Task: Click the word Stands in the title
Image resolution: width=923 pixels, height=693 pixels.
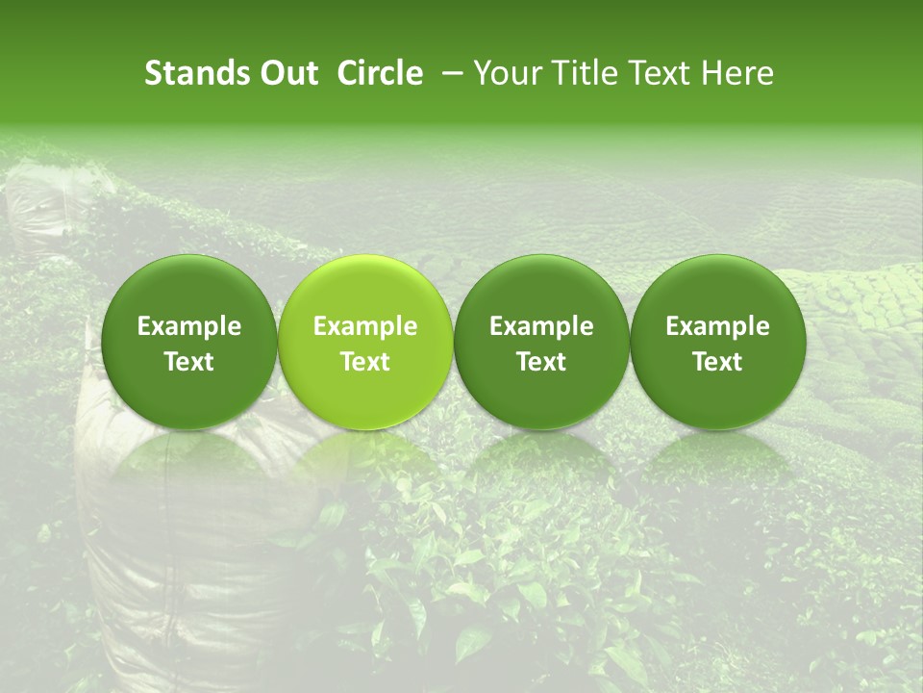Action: [196, 73]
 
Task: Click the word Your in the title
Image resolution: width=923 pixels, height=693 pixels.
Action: [509, 73]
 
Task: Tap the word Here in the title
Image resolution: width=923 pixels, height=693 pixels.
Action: [738, 73]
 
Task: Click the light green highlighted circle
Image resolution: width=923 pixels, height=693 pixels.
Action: [365, 289]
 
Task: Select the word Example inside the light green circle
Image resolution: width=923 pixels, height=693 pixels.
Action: [365, 326]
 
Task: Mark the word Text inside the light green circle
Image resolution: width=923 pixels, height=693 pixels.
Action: [365, 362]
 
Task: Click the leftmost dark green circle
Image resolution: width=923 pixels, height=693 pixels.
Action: [189, 289]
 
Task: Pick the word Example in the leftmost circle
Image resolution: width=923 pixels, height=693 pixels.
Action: [189, 326]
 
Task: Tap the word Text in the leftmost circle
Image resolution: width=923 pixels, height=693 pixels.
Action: [189, 362]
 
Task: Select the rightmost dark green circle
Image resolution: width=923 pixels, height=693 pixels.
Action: [717, 289]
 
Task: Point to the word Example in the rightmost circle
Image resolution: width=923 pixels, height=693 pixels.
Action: [717, 326]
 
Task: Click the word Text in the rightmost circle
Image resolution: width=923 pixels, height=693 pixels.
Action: [717, 362]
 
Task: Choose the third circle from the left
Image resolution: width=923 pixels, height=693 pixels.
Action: [541, 289]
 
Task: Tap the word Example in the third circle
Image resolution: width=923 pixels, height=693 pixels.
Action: [541, 326]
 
